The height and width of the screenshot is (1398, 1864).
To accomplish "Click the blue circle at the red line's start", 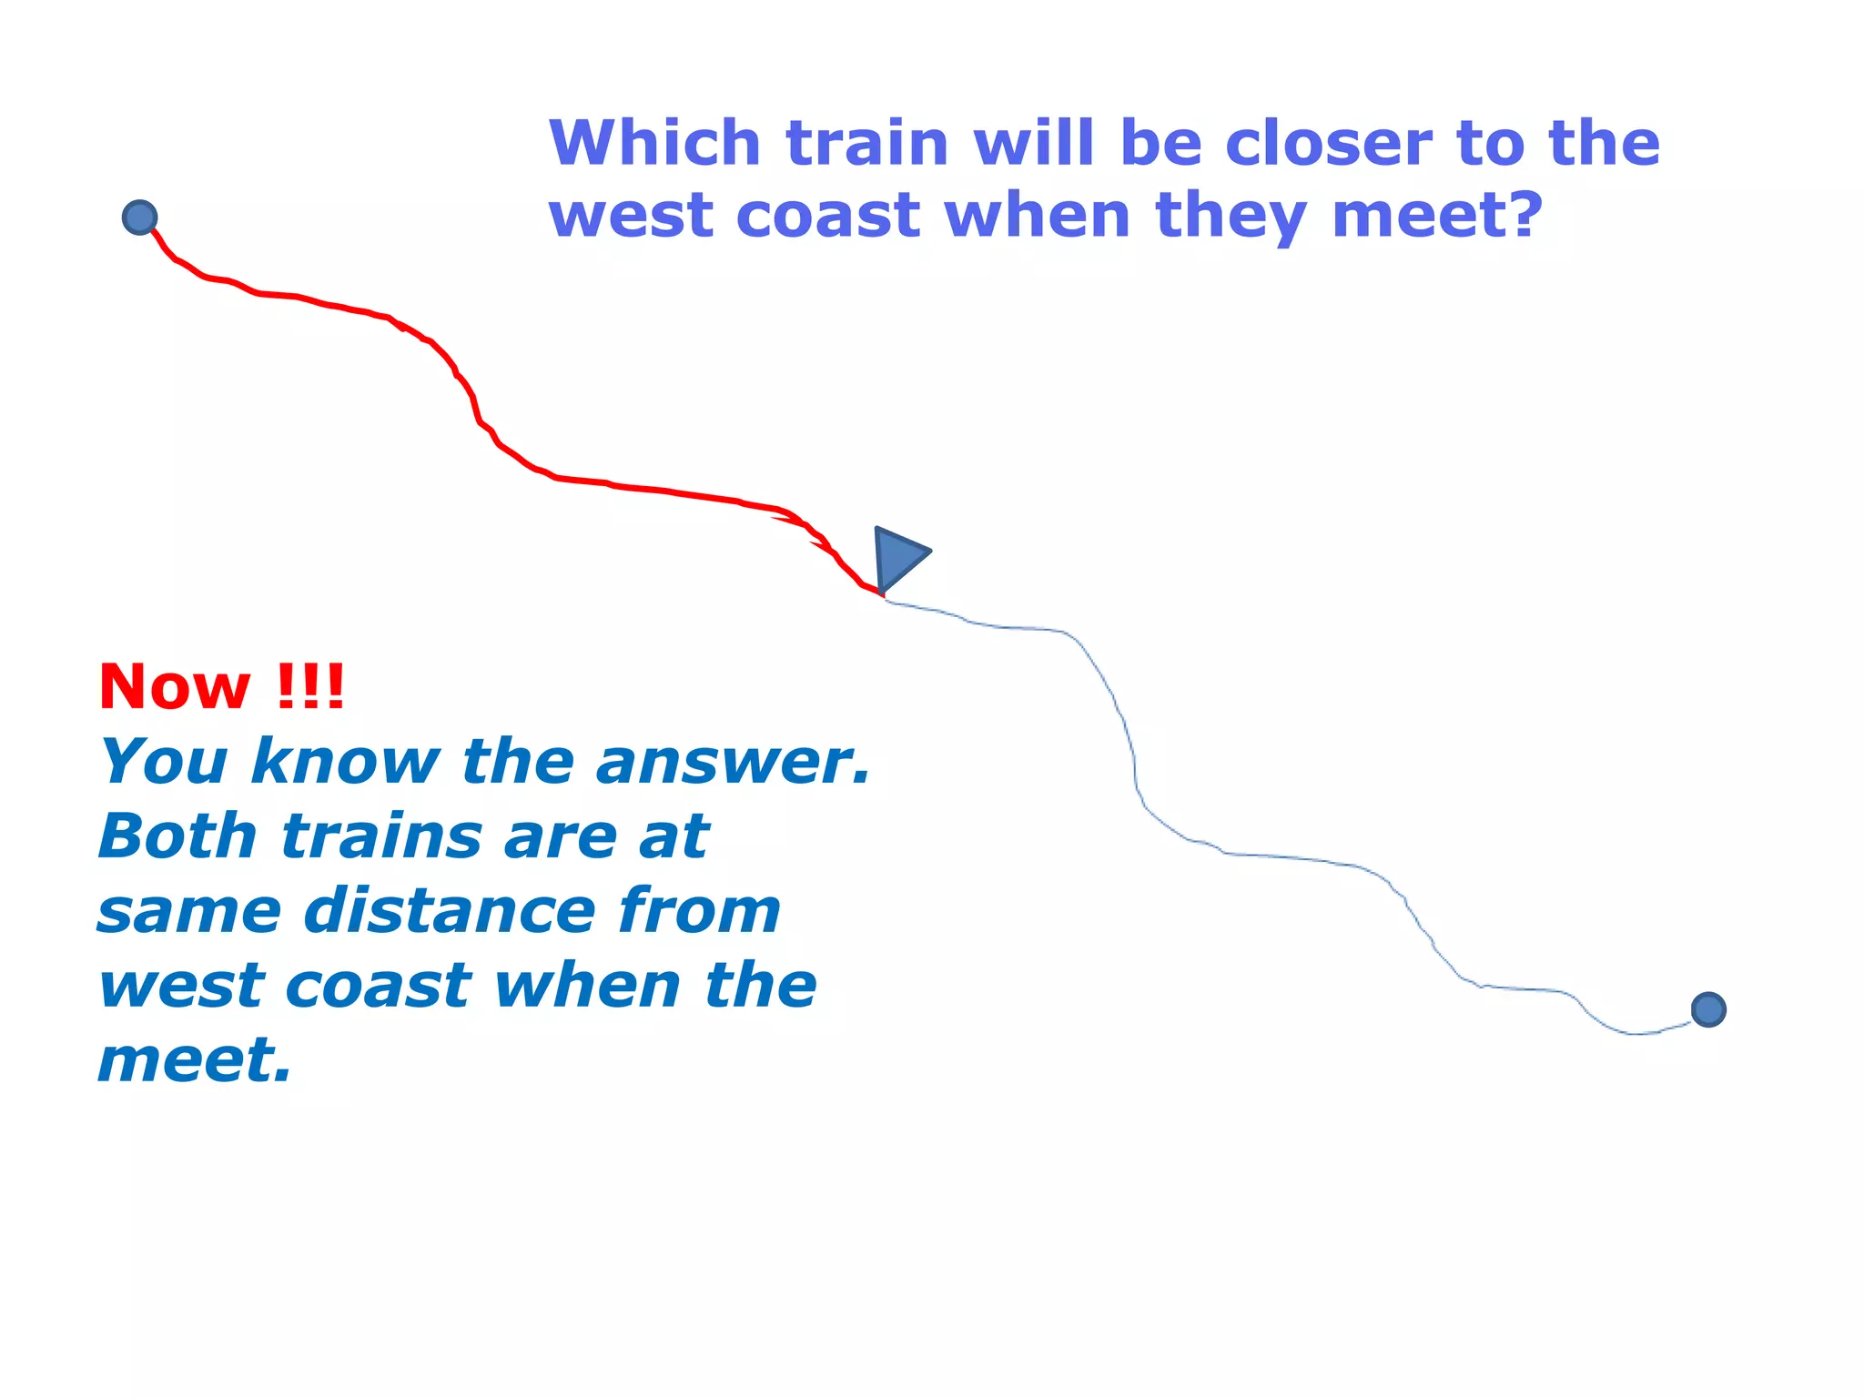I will point(139,218).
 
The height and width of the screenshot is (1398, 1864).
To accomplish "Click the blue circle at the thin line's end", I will point(1708,1009).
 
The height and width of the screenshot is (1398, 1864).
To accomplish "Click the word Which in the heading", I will point(654,144).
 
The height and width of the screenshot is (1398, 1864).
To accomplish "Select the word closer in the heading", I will point(1329,144).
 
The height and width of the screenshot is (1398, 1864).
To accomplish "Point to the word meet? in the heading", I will point(1437,217).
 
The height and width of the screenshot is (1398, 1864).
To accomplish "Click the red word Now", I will point(174,687).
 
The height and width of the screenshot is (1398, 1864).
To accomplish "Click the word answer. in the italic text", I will point(734,762).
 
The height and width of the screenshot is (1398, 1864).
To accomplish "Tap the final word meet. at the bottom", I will point(194,1061).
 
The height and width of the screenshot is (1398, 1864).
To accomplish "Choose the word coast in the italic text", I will point(377,987).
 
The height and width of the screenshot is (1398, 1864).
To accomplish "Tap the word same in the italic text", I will point(189,912).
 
